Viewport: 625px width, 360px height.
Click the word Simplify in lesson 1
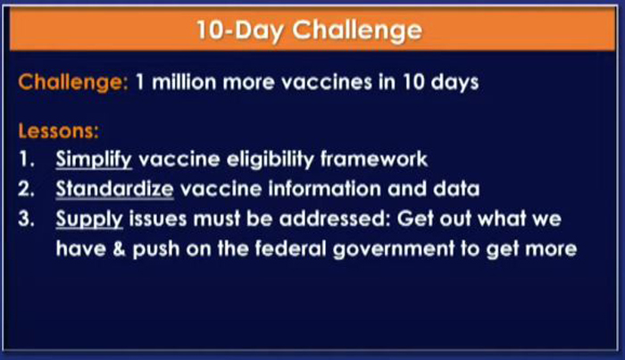[x=94, y=160]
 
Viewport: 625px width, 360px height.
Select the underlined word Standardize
[x=115, y=188]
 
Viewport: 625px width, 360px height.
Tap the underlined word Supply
[x=89, y=220]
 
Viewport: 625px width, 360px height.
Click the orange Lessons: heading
[x=58, y=130]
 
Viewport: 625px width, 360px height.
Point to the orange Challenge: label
[x=73, y=82]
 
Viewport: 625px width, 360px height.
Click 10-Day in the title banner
[x=240, y=30]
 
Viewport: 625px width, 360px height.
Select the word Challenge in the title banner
[x=357, y=30]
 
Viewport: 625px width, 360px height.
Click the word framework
[x=374, y=159]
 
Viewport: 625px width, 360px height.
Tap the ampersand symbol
[x=119, y=248]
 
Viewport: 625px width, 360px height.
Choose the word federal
[x=290, y=248]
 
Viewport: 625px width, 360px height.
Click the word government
[x=394, y=249]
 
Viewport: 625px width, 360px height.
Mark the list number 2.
[x=26, y=189]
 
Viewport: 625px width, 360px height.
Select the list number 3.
[x=26, y=219]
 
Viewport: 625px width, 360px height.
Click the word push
[x=156, y=249]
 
